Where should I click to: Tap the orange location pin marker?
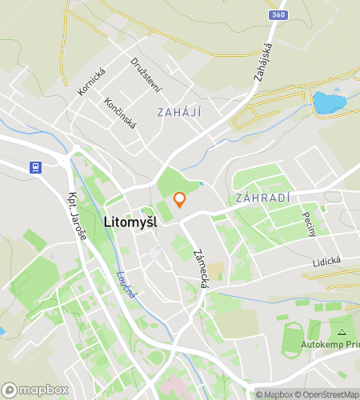(180, 199)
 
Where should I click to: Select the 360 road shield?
(278, 14)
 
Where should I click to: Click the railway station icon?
(35, 168)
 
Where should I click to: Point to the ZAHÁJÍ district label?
(179, 112)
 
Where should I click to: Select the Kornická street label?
(91, 80)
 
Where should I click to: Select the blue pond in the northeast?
(328, 102)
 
